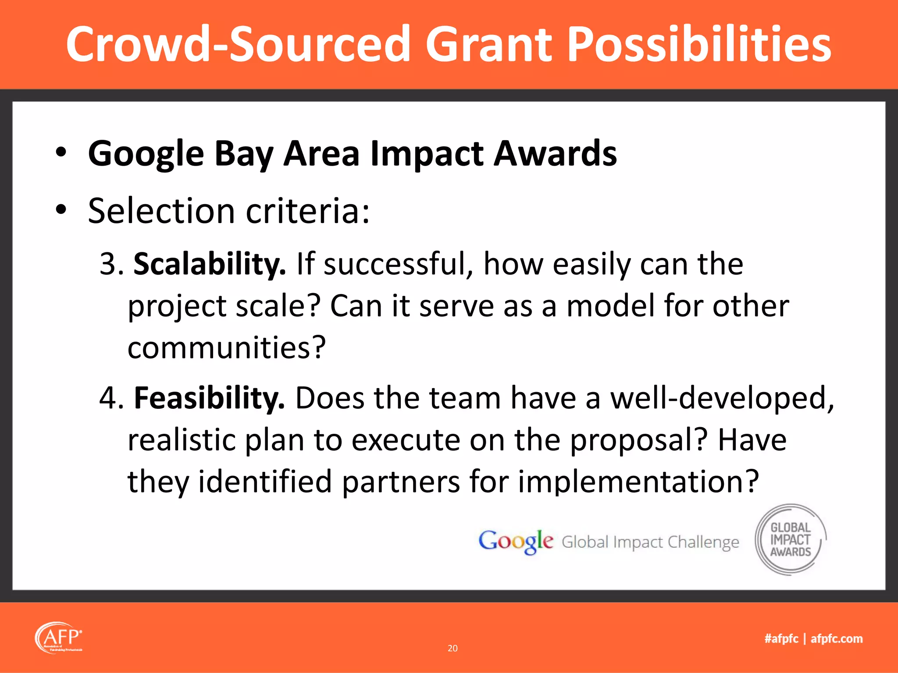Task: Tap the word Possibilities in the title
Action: click(x=699, y=44)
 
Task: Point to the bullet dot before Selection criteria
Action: click(x=61, y=210)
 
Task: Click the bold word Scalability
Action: click(x=209, y=264)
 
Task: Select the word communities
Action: click(x=226, y=347)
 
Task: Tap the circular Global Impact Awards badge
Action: click(x=791, y=539)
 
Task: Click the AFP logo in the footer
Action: click(x=58, y=637)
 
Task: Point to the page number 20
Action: click(x=453, y=648)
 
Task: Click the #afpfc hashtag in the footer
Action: click(x=781, y=638)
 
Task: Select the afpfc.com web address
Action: click(x=837, y=638)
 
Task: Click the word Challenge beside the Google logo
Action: click(x=703, y=542)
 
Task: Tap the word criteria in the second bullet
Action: click(x=307, y=211)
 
